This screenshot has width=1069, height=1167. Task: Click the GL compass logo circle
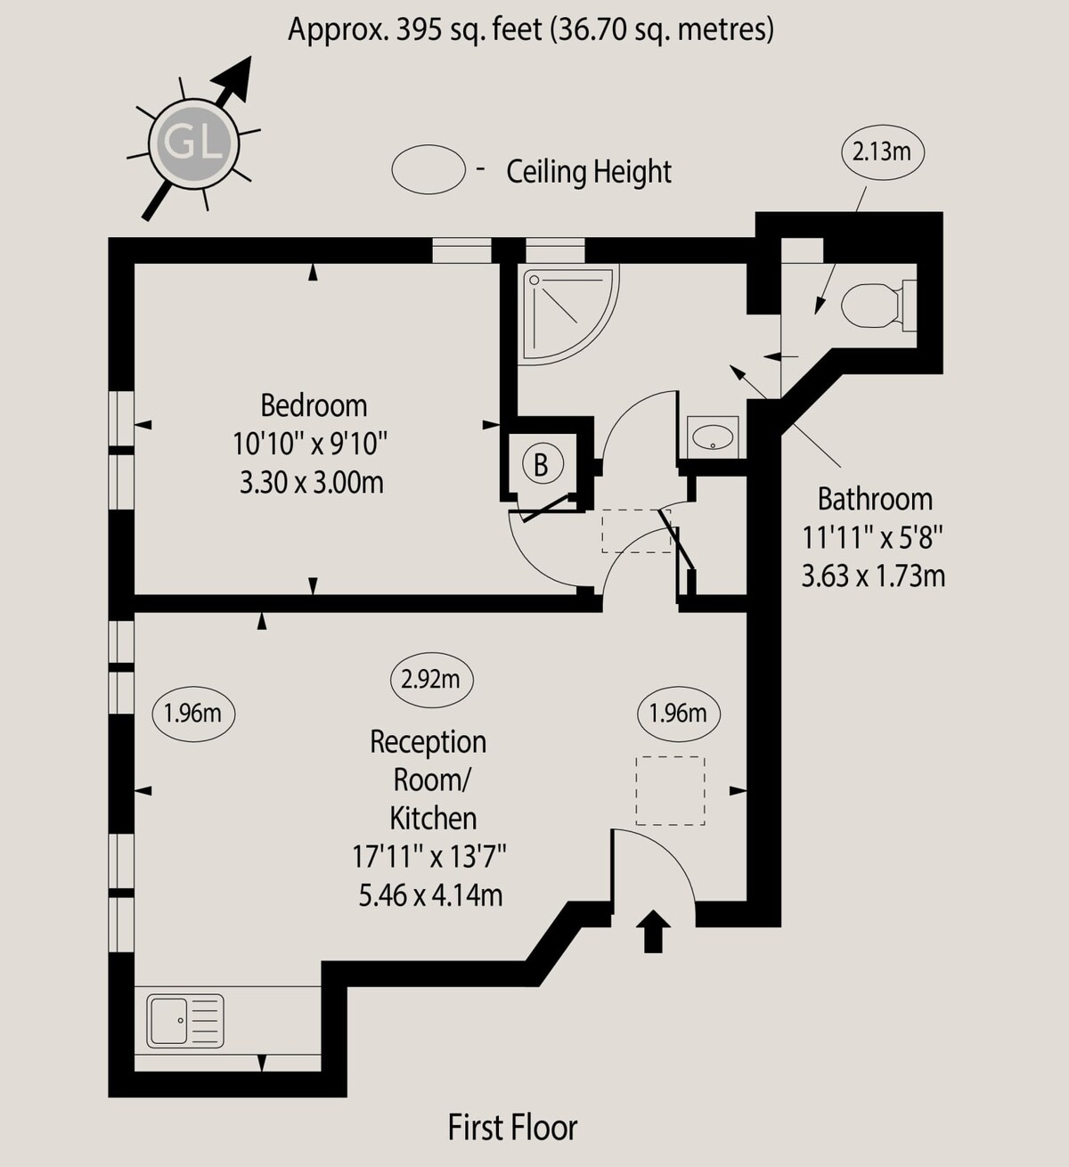(x=194, y=143)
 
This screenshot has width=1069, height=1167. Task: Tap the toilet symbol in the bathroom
(x=878, y=306)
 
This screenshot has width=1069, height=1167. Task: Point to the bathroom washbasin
(x=713, y=437)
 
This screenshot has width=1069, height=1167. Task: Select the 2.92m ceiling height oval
(x=430, y=679)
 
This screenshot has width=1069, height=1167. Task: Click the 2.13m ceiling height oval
(x=882, y=152)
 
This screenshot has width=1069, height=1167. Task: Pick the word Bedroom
(x=314, y=405)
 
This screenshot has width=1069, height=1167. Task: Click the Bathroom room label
(x=875, y=499)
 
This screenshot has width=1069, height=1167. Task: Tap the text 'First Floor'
(x=513, y=1128)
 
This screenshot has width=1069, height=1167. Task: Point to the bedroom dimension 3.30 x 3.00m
(x=311, y=483)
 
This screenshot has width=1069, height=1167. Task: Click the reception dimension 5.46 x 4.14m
(x=430, y=895)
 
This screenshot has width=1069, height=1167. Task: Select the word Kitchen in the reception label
(x=434, y=819)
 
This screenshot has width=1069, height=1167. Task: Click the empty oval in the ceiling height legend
(x=428, y=169)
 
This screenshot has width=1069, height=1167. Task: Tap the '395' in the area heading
(x=418, y=29)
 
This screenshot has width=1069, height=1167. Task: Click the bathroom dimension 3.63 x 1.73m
(x=873, y=576)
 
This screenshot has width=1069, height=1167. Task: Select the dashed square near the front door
(x=671, y=790)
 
